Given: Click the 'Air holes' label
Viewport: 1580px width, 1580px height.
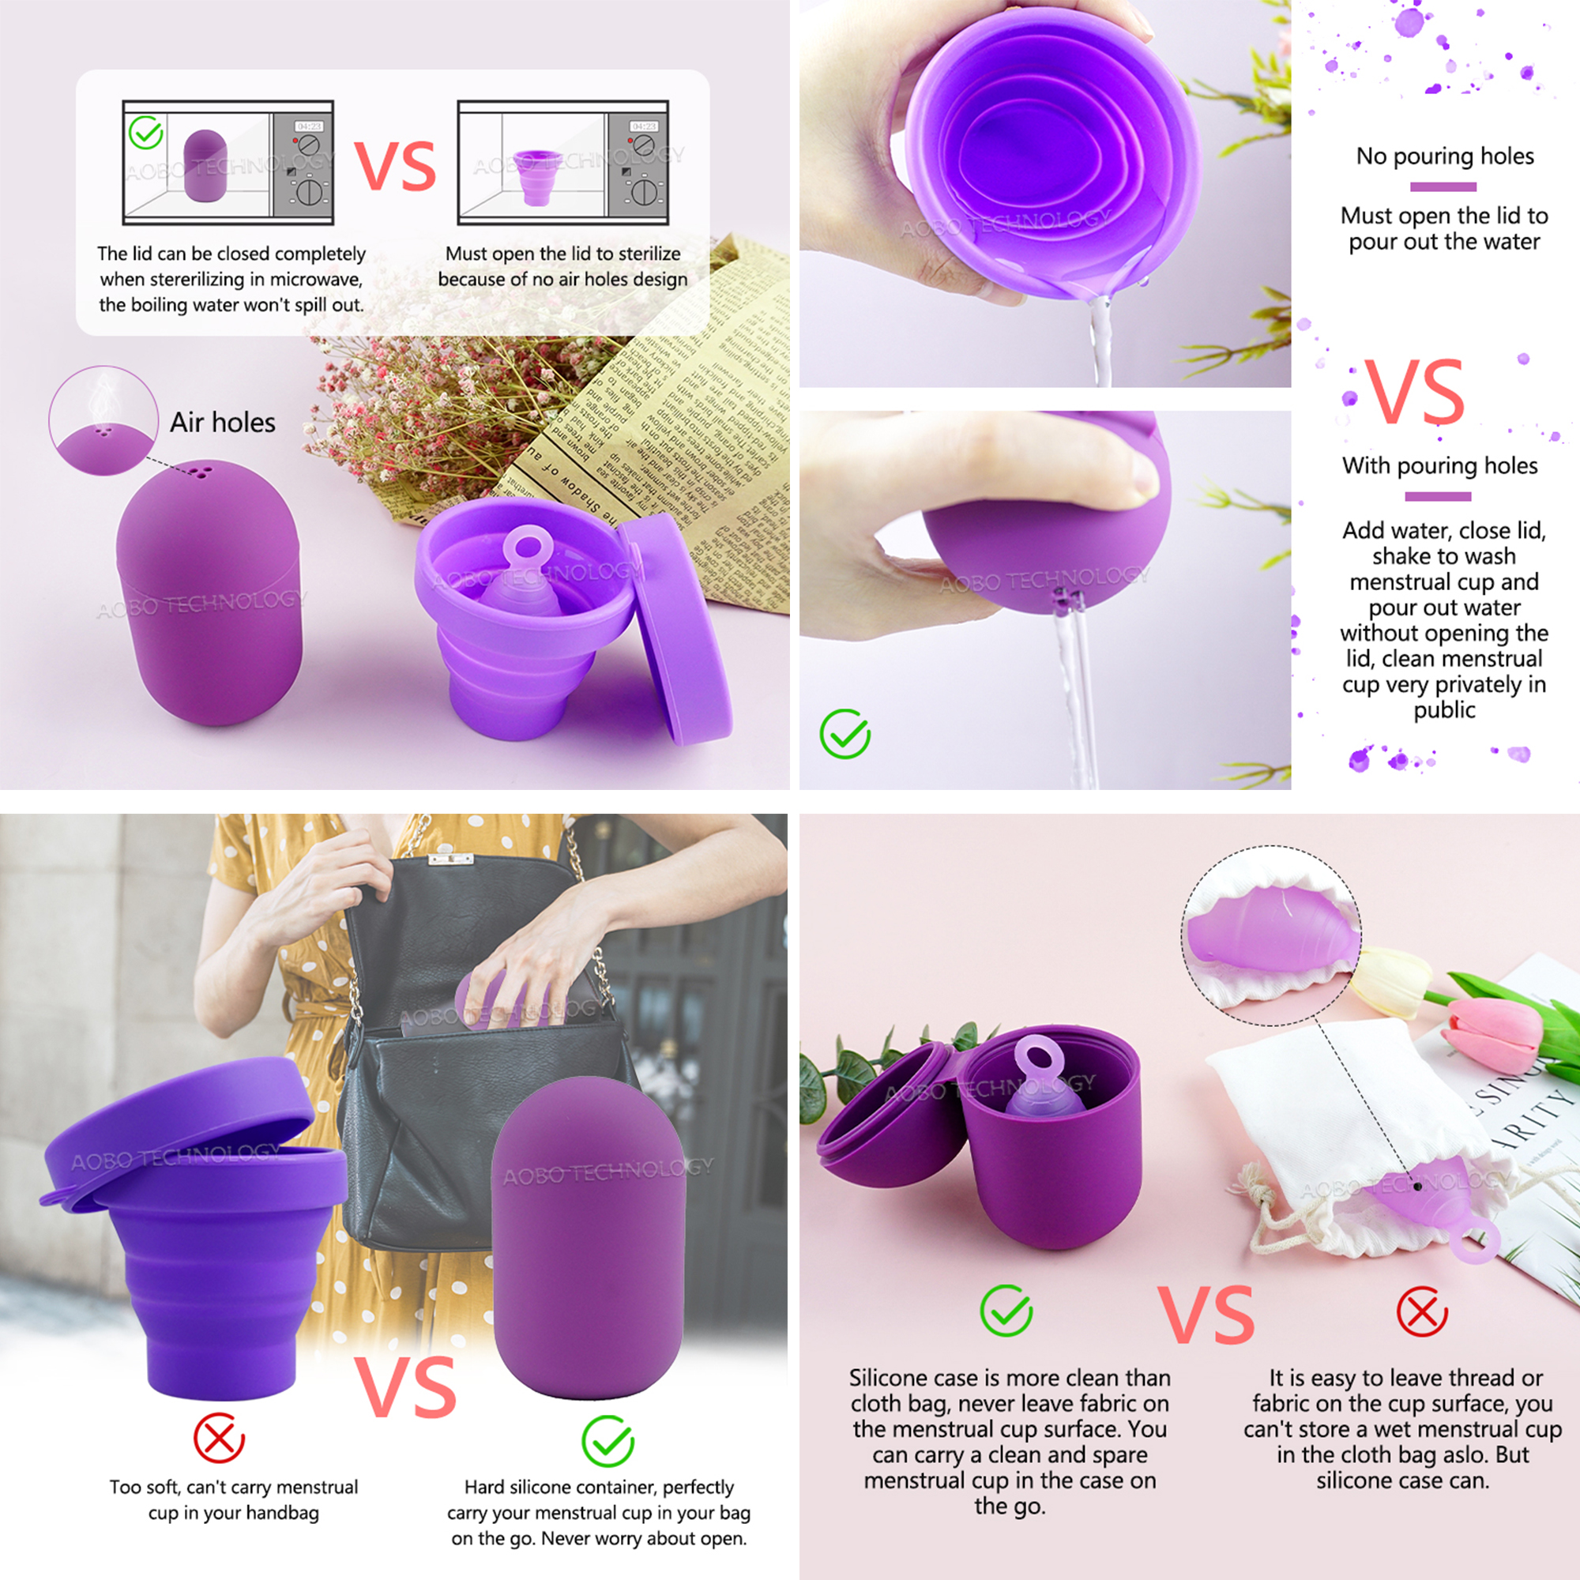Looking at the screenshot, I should coord(222,422).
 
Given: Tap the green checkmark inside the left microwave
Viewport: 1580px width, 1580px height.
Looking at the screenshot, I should coord(146,133).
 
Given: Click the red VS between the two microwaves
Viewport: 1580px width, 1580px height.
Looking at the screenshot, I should coord(395,166).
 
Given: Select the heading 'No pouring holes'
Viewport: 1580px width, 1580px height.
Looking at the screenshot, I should coord(1444,156).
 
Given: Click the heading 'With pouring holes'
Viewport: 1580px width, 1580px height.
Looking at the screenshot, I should coord(1439,465).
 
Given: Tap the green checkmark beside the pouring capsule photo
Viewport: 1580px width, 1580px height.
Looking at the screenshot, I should coord(845,734).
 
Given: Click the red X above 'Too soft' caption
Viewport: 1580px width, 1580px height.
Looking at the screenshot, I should coord(218,1438).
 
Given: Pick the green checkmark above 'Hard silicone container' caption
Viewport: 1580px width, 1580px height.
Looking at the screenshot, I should coord(608,1441).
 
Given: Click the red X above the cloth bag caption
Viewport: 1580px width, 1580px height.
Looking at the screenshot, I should coord(1421,1311).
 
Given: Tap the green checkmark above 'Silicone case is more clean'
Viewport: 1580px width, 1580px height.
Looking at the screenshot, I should coord(1006,1310).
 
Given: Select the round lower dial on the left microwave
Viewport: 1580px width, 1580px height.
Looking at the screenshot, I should coord(310,191).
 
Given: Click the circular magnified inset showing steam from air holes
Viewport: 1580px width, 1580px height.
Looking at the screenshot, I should coord(103,419).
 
